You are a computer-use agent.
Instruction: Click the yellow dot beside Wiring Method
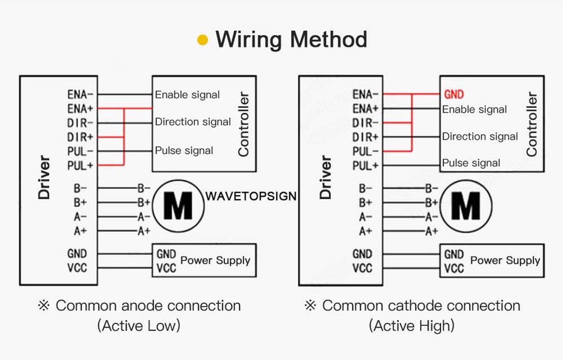click(x=203, y=40)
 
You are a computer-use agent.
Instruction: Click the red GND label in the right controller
click(x=454, y=94)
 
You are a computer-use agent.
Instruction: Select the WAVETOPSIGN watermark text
click(x=251, y=196)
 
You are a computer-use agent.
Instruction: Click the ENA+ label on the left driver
click(x=80, y=109)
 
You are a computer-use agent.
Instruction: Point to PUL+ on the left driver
click(x=80, y=166)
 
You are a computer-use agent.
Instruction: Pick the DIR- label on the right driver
click(x=365, y=123)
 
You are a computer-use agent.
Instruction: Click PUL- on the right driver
click(x=365, y=152)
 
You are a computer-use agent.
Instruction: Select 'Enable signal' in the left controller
click(x=187, y=95)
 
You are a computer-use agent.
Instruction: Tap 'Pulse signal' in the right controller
click(x=471, y=163)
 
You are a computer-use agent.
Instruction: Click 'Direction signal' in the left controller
click(x=193, y=122)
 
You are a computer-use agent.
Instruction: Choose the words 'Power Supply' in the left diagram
click(x=215, y=260)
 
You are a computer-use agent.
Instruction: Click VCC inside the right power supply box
click(x=454, y=268)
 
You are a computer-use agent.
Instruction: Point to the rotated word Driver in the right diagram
click(x=326, y=177)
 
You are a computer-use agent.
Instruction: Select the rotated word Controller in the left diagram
click(x=243, y=124)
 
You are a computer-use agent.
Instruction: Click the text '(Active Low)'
click(x=139, y=326)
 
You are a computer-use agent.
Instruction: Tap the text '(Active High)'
click(x=412, y=326)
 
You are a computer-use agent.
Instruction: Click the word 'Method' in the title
click(x=329, y=39)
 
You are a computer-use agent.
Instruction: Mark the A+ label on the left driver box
click(x=80, y=231)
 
